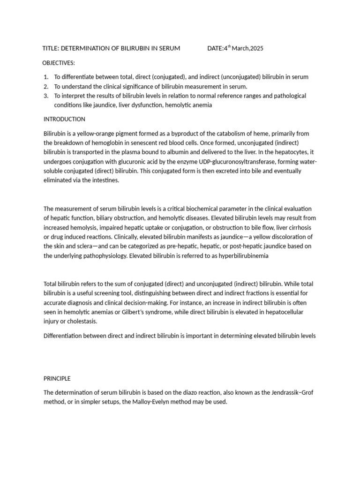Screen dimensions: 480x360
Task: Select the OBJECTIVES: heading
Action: [x=59, y=63]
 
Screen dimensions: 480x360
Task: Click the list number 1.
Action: [x=45, y=77]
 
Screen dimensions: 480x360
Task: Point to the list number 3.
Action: [x=45, y=96]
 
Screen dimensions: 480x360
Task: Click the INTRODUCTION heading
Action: [x=64, y=119]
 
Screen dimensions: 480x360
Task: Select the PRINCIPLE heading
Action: [x=57, y=378]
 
